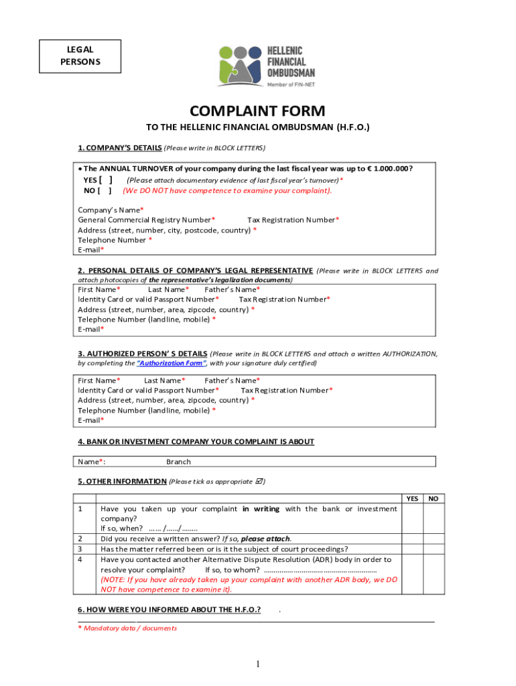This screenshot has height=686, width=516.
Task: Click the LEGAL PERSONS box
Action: [x=80, y=56]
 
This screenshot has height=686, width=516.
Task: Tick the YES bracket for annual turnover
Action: [x=105, y=180]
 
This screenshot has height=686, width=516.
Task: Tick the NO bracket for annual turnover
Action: [x=105, y=190]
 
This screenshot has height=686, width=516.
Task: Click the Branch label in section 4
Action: [x=178, y=462]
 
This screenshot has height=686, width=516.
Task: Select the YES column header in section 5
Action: [x=412, y=498]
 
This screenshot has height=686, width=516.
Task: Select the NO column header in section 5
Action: [x=434, y=498]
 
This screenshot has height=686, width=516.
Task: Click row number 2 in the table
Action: [x=80, y=539]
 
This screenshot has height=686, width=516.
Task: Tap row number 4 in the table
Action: [x=80, y=559]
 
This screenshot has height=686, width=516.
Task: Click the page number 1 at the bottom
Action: [x=257, y=664]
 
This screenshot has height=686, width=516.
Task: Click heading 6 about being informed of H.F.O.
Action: [x=170, y=610]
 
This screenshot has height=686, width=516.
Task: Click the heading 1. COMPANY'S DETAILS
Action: [x=120, y=147]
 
